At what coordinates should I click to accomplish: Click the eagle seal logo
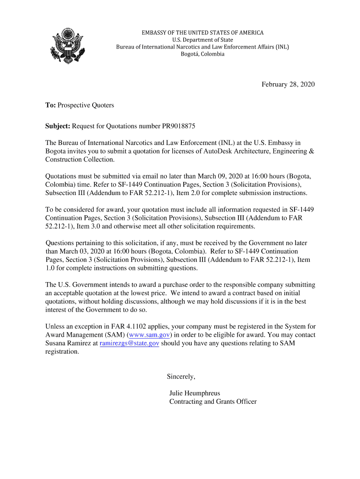pos(68,45)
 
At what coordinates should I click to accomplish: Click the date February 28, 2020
pos(288,84)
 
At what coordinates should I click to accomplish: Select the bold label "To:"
pos(50,105)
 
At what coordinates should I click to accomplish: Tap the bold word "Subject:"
pos(58,126)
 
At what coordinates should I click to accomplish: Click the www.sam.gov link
pos(149,335)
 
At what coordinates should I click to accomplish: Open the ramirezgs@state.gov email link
pos(130,343)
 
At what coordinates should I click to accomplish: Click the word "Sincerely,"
pos(181,377)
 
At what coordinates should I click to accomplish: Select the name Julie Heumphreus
pos(194,393)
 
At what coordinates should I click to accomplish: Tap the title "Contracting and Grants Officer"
pos(213,402)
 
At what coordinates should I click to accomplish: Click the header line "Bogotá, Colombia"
pos(202,54)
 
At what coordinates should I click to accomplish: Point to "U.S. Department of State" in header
pos(202,40)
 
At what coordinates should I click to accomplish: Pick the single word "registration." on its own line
pos(62,352)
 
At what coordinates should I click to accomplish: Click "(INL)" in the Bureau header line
pos(282,47)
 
